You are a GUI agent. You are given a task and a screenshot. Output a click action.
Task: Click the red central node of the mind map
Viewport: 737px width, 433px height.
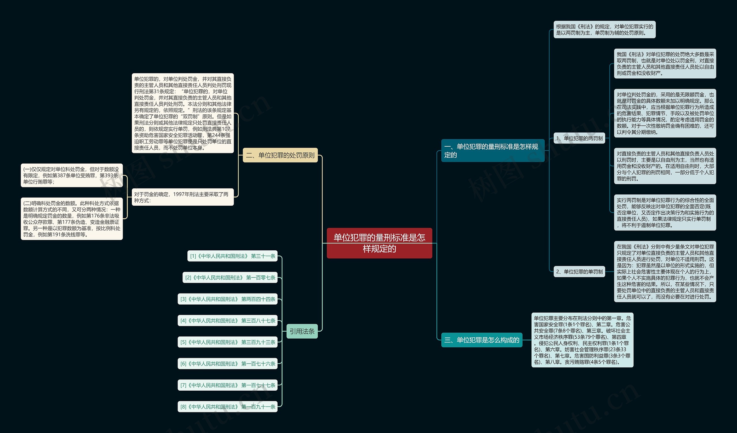coord(379,243)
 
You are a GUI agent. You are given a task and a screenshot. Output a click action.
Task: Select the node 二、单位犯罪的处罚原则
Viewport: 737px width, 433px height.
coord(280,155)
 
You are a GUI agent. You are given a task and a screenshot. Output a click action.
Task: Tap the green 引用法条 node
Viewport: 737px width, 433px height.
coord(302,331)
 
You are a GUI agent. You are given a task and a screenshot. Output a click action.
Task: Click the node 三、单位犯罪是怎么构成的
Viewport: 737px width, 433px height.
coord(481,340)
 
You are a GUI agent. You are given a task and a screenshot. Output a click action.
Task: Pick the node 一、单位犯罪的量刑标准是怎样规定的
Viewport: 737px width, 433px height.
coord(493,151)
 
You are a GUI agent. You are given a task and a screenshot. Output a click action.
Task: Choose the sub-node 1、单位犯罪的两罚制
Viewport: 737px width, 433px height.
coord(579,138)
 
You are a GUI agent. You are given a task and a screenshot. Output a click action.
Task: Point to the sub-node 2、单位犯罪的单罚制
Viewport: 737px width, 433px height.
coord(579,272)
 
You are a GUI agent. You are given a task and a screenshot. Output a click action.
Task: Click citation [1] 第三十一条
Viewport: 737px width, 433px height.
coord(232,256)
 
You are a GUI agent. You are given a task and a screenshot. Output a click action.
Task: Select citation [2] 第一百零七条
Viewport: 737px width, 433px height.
coord(230,278)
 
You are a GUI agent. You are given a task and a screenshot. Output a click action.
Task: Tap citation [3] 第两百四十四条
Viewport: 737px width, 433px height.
coord(227,299)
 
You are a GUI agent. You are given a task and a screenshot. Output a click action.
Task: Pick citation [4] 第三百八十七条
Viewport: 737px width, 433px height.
coord(227,321)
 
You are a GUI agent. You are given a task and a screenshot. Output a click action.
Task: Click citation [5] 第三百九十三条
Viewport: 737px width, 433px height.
coord(227,342)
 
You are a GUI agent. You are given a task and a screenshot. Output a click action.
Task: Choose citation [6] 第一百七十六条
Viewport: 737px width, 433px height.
coord(227,364)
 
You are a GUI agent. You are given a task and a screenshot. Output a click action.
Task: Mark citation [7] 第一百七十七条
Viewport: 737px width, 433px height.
coord(227,385)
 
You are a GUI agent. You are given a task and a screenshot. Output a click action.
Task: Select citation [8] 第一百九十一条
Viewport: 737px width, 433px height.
coord(227,407)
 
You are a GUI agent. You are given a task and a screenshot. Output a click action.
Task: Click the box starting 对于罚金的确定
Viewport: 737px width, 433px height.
coord(183,197)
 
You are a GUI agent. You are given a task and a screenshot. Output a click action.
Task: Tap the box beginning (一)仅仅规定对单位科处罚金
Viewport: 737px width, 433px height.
coord(72,175)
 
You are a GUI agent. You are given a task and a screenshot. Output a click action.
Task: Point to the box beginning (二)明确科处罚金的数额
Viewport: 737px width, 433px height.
coord(72,219)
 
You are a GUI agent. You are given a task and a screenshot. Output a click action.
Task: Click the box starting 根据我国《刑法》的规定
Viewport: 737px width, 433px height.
coord(604,30)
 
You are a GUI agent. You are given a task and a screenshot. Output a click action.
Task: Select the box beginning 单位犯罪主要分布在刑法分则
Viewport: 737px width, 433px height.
coord(582,340)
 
